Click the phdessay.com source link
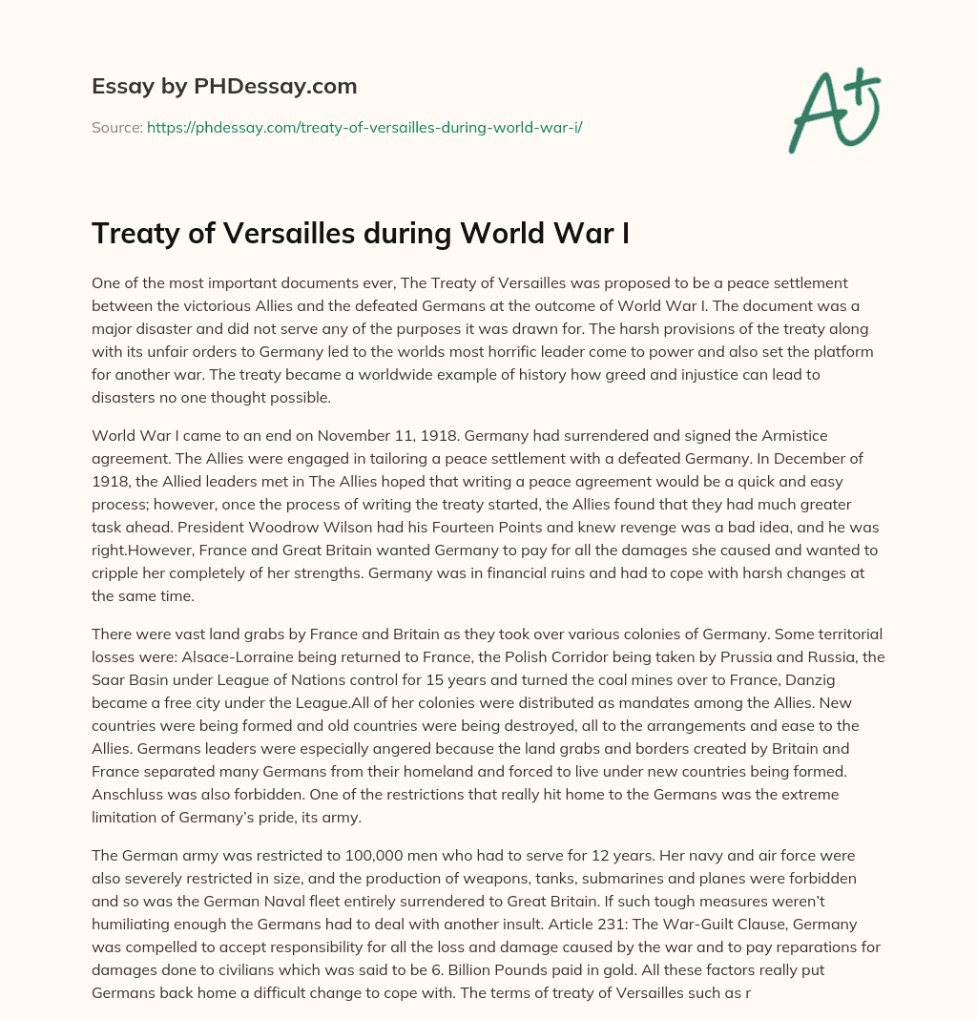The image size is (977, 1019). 364,126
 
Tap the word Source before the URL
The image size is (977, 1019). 115,126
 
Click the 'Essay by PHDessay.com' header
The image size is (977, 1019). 224,87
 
